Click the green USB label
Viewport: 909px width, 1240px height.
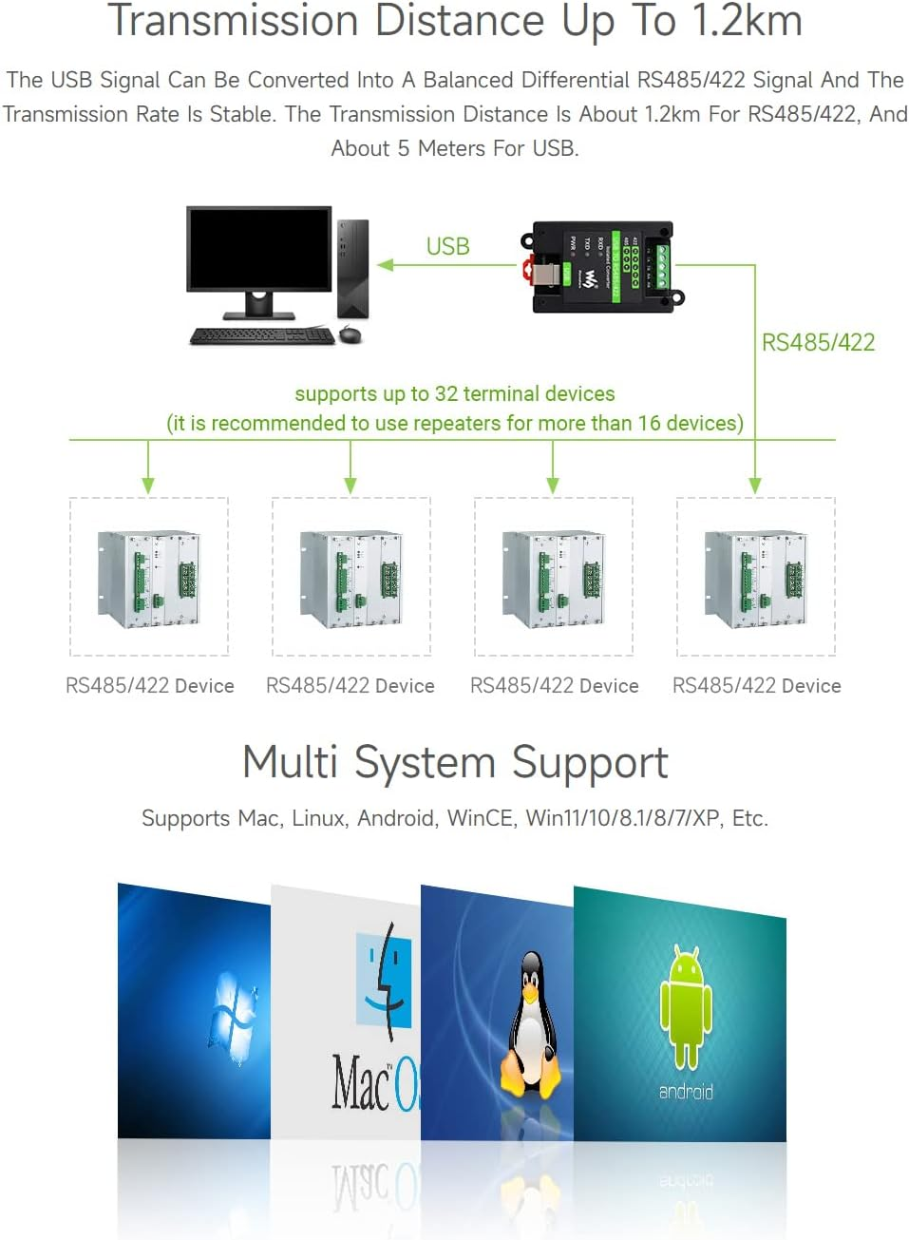pyautogui.click(x=447, y=246)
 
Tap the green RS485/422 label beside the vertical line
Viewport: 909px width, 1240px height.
pyautogui.click(x=818, y=342)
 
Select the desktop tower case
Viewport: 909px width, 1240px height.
pyautogui.click(x=352, y=268)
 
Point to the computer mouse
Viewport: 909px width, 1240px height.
pyautogui.click(x=350, y=334)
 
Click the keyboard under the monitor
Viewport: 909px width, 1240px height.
pyautogui.click(x=262, y=335)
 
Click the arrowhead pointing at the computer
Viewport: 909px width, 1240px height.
pyautogui.click(x=386, y=265)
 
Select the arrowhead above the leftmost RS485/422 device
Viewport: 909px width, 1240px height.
pyautogui.click(x=148, y=485)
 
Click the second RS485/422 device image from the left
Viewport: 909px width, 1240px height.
pyautogui.click(x=350, y=578)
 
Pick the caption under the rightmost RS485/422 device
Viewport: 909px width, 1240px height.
pyautogui.click(x=756, y=685)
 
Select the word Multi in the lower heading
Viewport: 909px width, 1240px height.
pyautogui.click(x=290, y=762)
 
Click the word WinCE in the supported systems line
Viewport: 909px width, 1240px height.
pyautogui.click(x=480, y=818)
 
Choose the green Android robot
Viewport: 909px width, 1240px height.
pyautogui.click(x=686, y=1005)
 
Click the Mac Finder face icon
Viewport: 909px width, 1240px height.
pyautogui.click(x=384, y=979)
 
